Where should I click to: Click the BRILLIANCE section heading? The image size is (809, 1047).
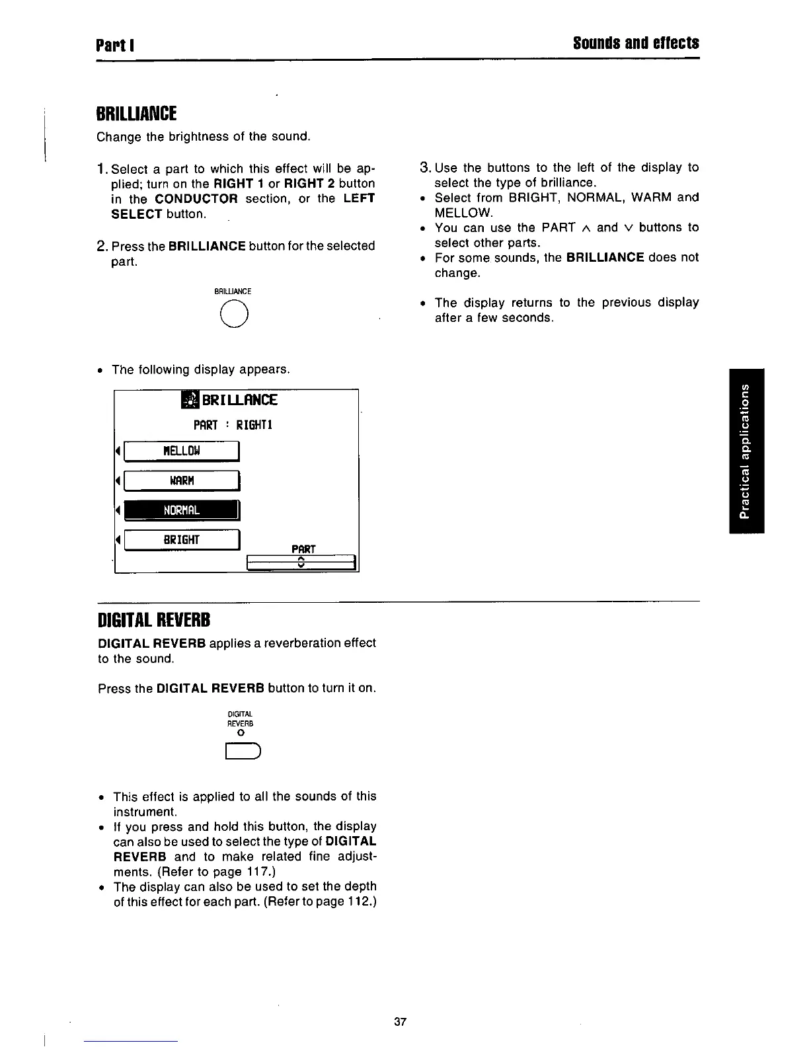(x=136, y=114)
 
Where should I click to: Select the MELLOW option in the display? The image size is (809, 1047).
(x=181, y=451)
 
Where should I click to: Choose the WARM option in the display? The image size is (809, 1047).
(x=181, y=481)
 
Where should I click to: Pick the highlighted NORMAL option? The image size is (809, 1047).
(x=181, y=510)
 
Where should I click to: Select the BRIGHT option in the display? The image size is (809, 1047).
(x=181, y=540)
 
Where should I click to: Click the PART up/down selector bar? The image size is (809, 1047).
(x=301, y=562)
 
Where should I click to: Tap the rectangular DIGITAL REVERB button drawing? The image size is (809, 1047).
(x=244, y=752)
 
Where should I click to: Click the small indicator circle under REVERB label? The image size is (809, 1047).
(x=241, y=734)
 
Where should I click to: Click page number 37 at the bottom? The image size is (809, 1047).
(x=400, y=1022)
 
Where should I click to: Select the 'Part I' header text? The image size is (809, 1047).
(x=115, y=45)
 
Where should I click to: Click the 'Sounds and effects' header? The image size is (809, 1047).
(x=636, y=44)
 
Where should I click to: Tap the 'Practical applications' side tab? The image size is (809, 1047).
(x=746, y=451)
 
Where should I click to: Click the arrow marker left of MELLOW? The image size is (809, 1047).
(x=118, y=451)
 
